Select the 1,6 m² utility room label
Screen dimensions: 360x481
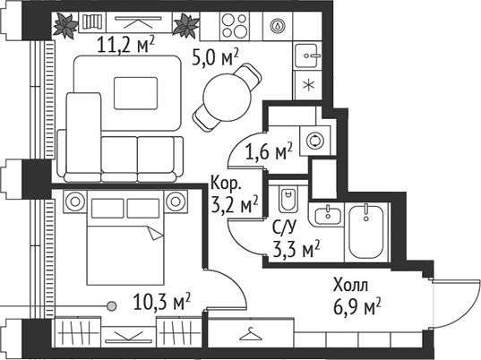click(270, 150)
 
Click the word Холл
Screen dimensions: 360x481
click(350, 287)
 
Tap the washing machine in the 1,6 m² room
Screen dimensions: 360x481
click(314, 141)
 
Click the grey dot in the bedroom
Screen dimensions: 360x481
click(111, 305)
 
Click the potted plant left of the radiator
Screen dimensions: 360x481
click(64, 24)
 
